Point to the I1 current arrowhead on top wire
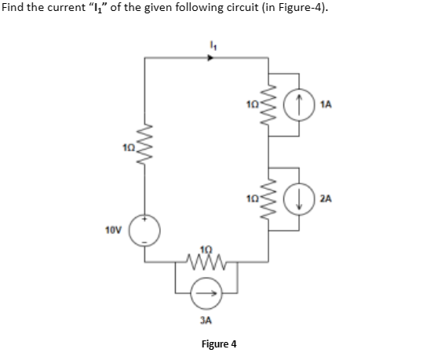tap(210, 56)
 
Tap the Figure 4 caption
tap(219, 344)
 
